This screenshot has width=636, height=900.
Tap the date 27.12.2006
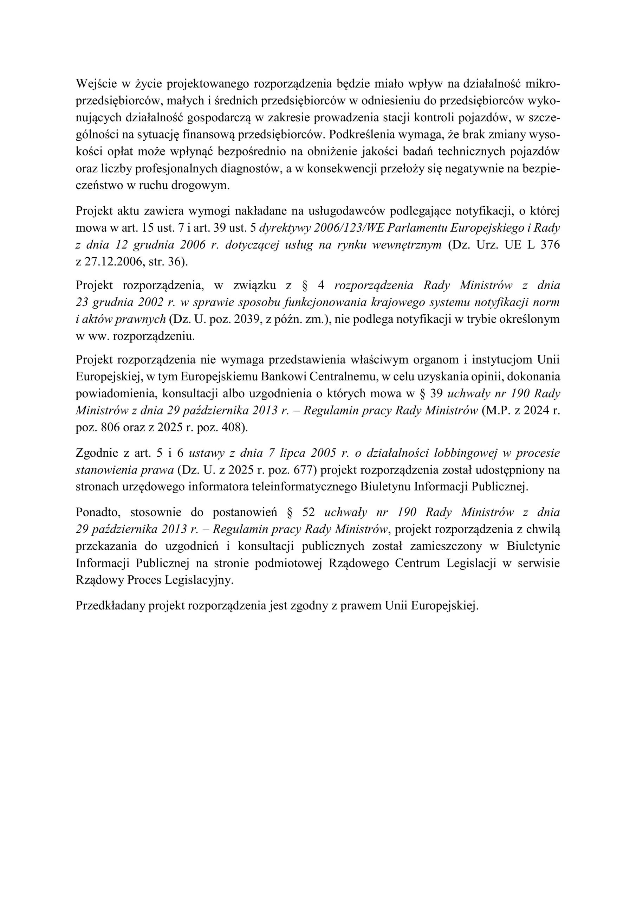[x=113, y=262]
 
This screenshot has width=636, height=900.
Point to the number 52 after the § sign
[x=309, y=512]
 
